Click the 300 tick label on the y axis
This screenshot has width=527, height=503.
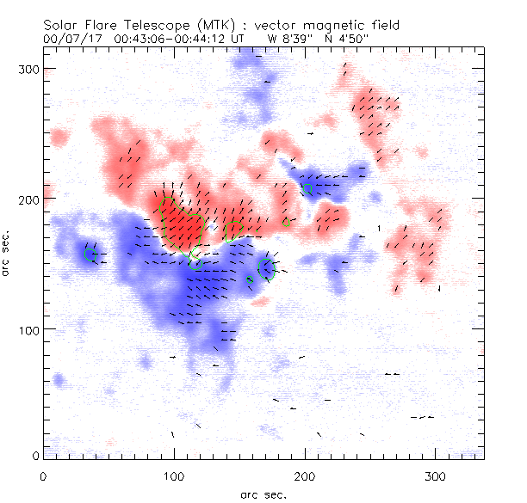(31, 68)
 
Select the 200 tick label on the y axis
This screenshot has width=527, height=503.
(31, 199)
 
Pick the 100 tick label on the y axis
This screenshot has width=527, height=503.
(31, 329)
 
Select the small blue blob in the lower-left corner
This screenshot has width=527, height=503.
(59, 379)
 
